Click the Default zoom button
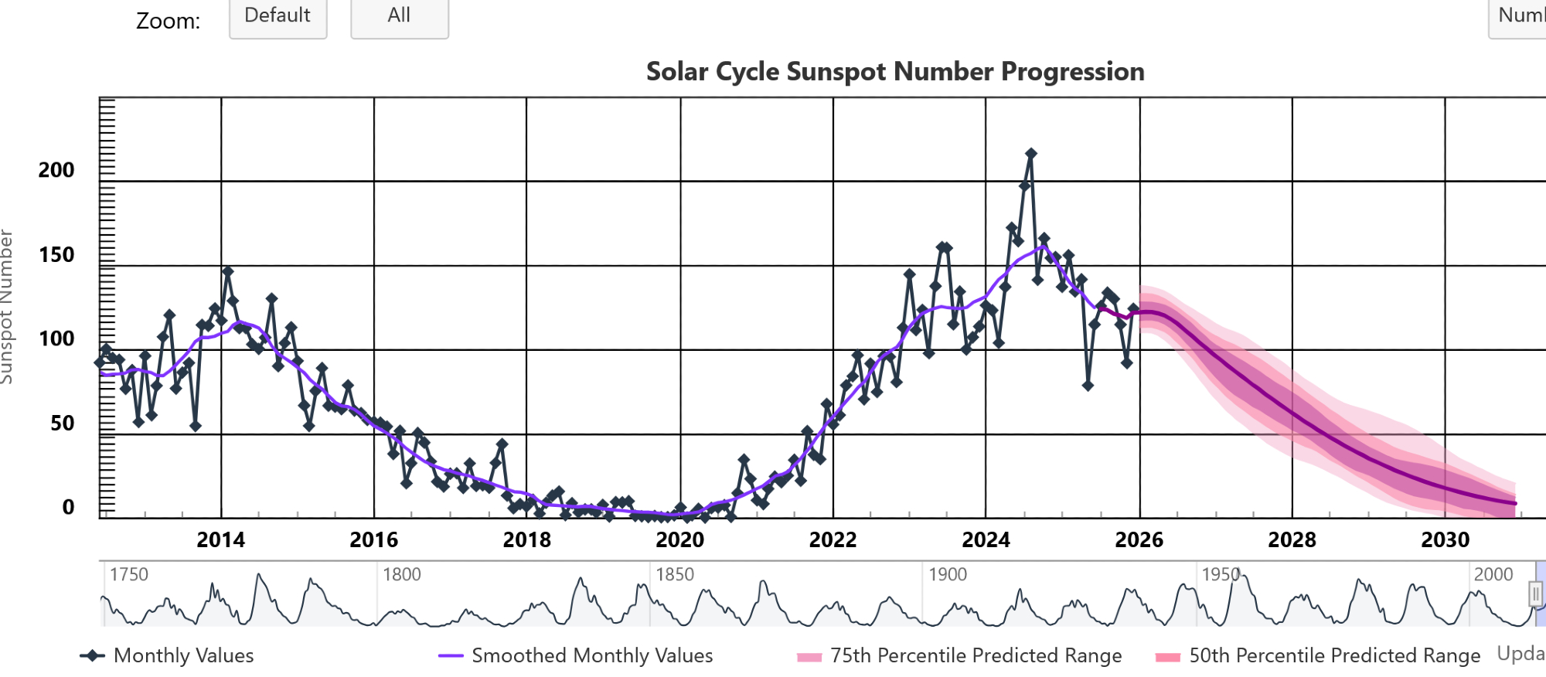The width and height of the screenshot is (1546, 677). pyautogui.click(x=278, y=16)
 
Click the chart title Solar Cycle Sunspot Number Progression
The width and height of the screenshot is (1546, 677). pyautogui.click(x=894, y=72)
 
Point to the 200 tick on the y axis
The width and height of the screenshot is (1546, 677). pyautogui.click(x=56, y=170)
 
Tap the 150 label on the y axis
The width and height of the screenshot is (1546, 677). pyautogui.click(x=56, y=255)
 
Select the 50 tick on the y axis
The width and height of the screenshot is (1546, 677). pyautogui.click(x=62, y=424)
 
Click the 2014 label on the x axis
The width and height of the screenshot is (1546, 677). pyautogui.click(x=220, y=539)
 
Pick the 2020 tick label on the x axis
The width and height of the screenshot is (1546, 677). pyautogui.click(x=679, y=539)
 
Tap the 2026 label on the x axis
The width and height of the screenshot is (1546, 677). pyautogui.click(x=1139, y=539)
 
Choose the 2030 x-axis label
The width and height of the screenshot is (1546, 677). pyautogui.click(x=1445, y=539)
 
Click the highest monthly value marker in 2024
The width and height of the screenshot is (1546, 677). pyautogui.click(x=1030, y=154)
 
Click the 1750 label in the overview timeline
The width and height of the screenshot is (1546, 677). pyautogui.click(x=128, y=574)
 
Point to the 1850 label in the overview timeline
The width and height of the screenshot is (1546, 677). pyautogui.click(x=675, y=574)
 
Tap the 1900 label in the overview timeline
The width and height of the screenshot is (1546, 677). pyautogui.click(x=948, y=574)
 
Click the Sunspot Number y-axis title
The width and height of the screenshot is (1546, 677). pyautogui.click(x=7, y=307)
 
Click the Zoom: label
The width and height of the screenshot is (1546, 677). pyautogui.click(x=168, y=21)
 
